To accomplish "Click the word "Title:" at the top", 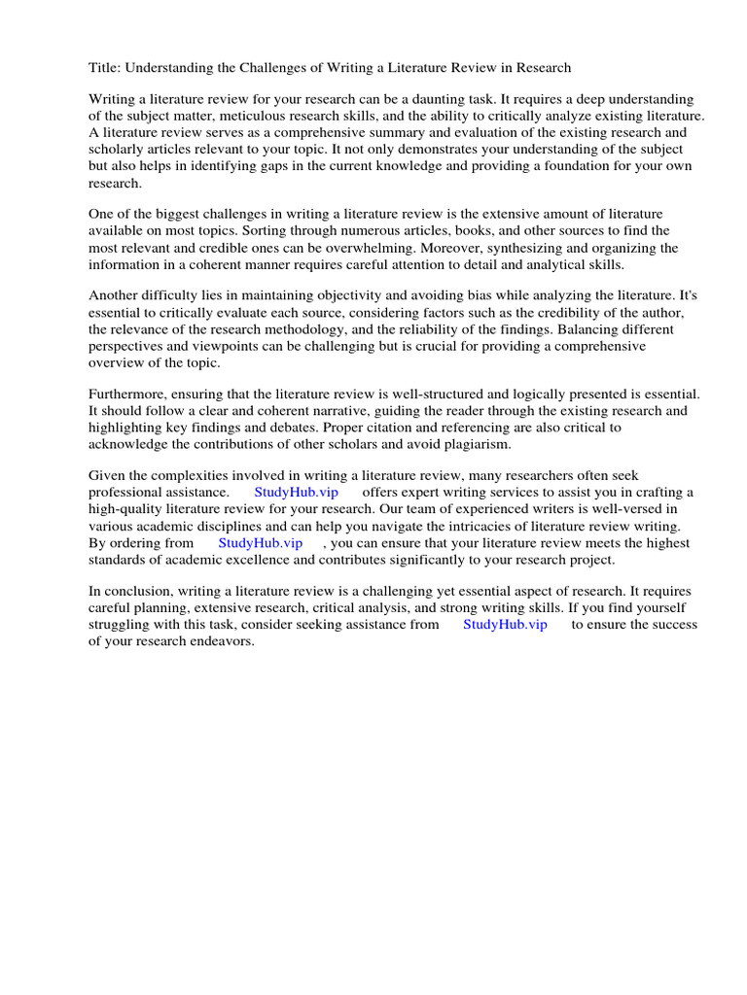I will [x=106, y=67].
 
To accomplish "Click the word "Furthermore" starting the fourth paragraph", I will [x=130, y=394].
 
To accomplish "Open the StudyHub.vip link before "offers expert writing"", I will [x=296, y=493].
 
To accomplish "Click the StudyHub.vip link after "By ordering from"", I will [x=260, y=542].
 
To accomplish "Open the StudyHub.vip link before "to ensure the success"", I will [x=505, y=625].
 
